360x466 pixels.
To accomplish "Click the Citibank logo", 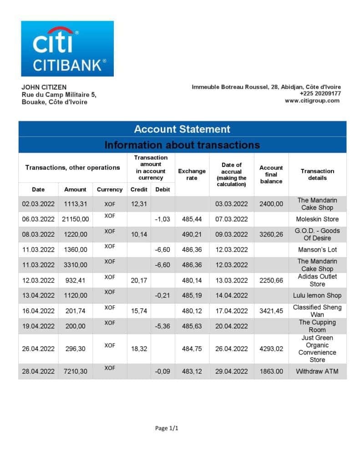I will coord(67,49).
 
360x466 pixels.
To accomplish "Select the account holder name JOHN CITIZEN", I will coord(44,87).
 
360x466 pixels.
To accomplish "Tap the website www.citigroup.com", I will coord(312,101).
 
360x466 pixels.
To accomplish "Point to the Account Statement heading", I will coord(182,129).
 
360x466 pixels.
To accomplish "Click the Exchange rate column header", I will coord(192,174).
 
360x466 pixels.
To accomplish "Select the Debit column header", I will coord(162,189).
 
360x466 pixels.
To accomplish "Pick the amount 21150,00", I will coord(75,219).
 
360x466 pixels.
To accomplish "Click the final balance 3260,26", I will coord(271,234).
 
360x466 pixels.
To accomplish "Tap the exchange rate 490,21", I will coord(192,234).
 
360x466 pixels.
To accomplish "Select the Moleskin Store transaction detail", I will coord(317,219).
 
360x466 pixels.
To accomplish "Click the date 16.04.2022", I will coord(38,311).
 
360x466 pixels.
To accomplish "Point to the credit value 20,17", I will coord(138,280).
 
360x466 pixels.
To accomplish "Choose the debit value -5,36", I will coord(162,326).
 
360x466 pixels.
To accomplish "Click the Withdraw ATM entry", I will coord(317,371).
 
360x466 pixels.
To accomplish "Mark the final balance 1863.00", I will coord(271,371).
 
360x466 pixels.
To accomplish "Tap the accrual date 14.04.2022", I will coord(231,295).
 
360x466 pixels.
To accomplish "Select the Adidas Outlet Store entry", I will coord(317,280).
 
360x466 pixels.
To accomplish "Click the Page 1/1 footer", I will coord(167,428).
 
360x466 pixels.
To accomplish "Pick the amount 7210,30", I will coord(75,371).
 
